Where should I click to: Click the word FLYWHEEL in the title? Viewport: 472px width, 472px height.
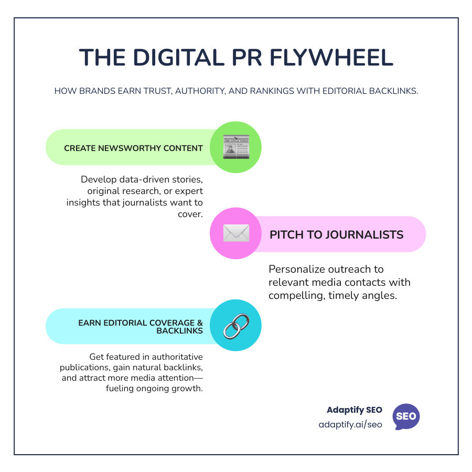(331, 58)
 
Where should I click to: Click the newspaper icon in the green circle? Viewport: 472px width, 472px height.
(235, 147)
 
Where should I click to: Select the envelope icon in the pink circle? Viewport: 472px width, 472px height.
(235, 234)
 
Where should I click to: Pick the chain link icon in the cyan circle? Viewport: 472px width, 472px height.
(235, 325)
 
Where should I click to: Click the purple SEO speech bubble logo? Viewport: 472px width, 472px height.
(406, 417)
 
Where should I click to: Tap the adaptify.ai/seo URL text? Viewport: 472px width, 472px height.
(350, 424)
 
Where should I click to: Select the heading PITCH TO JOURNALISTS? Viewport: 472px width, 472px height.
(336, 234)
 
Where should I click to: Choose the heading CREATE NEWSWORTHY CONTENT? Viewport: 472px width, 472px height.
(133, 148)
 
